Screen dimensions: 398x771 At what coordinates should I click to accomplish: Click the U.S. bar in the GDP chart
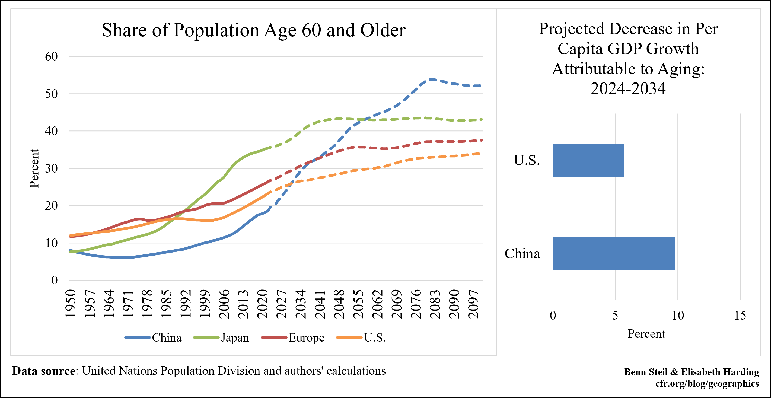588,160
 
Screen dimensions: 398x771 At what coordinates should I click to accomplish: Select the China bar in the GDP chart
614,253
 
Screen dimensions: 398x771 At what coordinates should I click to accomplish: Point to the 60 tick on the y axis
51,56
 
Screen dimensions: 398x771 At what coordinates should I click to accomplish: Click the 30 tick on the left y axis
51,168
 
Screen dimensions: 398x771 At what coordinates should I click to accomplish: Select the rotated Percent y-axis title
34,168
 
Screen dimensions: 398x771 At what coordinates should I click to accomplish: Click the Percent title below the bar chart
646,334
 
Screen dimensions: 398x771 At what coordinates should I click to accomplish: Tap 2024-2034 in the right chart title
628,88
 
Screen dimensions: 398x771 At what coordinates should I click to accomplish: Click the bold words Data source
44,371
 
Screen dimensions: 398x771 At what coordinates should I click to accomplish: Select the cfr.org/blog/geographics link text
707,383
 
